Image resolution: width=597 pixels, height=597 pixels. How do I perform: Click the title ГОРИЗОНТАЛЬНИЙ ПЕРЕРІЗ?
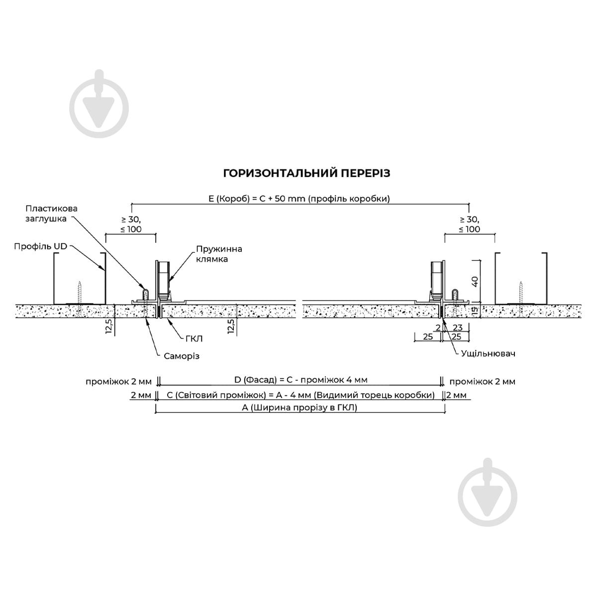click(306, 173)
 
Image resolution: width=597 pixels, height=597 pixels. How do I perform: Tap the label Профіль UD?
click(41, 246)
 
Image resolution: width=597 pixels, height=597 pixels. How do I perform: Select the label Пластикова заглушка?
click(51, 213)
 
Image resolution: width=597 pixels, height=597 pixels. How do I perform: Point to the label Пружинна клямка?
click(219, 254)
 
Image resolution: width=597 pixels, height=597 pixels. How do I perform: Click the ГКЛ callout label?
click(194, 339)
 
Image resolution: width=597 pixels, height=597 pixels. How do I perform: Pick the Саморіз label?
click(182, 356)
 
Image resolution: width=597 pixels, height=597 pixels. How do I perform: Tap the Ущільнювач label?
click(488, 354)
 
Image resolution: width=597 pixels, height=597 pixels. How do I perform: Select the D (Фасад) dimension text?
click(301, 380)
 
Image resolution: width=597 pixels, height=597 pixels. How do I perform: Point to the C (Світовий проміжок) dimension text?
click(300, 395)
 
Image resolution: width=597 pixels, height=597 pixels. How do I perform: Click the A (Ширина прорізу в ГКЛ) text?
click(299, 408)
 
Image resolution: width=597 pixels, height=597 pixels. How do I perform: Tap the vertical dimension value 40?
click(475, 281)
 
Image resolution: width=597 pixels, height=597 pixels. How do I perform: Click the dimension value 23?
click(458, 327)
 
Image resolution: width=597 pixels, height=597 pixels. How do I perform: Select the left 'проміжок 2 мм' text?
click(119, 382)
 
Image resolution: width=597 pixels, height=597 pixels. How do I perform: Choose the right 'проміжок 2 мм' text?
click(483, 382)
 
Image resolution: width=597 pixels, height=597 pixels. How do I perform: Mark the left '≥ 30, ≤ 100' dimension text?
click(131, 224)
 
